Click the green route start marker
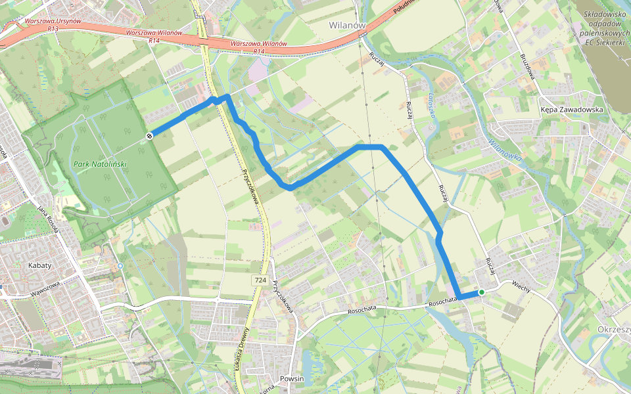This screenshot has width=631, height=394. click(482, 292)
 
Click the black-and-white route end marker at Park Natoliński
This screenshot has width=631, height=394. click(150, 136)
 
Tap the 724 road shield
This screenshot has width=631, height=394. click(260, 280)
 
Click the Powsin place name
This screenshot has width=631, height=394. click(292, 379)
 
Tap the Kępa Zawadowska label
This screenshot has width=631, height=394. click(571, 110)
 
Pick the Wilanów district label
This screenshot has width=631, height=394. click(346, 25)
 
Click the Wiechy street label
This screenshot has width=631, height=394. click(520, 286)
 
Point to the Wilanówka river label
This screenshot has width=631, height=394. click(505, 148)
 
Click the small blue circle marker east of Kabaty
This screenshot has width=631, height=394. click(120, 265)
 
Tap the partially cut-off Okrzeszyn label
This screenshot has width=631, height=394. click(614, 328)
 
